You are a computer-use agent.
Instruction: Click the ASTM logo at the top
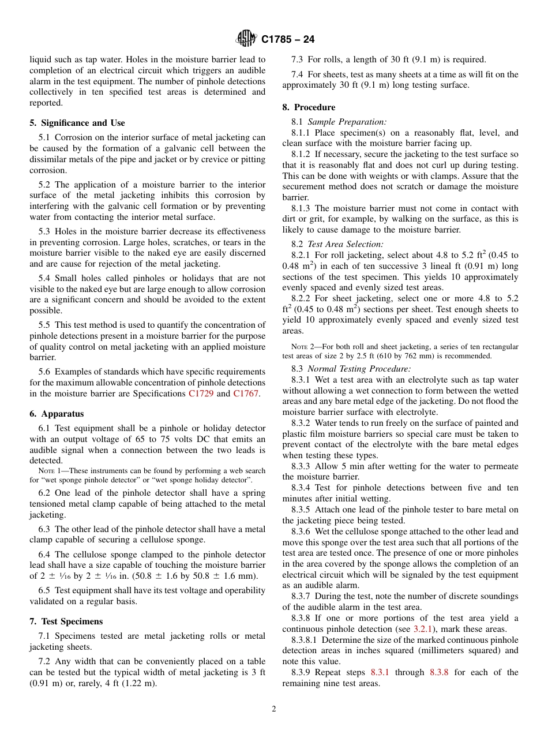tap(246, 39)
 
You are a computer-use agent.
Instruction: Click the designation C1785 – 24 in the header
tap(288, 40)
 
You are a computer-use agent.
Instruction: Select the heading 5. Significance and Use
tap(77, 123)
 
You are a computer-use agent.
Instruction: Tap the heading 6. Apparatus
tap(57, 414)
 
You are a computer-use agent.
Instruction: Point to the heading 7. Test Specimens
tap(66, 621)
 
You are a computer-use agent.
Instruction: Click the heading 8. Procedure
tap(309, 107)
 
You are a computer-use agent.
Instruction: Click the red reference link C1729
tap(201, 394)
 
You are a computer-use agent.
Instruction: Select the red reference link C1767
tap(246, 394)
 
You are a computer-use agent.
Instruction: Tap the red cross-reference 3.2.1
tap(423, 629)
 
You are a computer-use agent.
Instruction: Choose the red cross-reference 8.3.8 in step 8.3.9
tap(440, 672)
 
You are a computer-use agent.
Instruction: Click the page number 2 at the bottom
tap(274, 709)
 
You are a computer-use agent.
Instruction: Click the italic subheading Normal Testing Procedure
tap(359, 369)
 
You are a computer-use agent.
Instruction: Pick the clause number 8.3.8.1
tap(304, 640)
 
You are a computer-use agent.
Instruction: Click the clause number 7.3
tap(298, 59)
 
